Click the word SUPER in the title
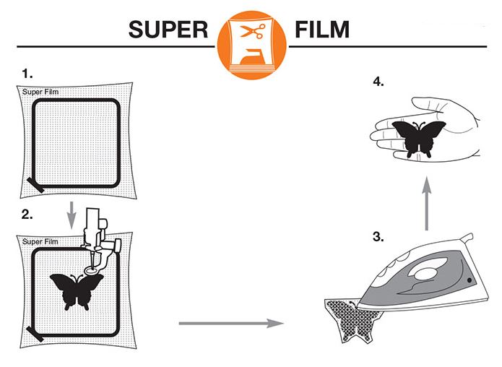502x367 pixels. pos(169,30)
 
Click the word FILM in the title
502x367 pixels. pos(322,30)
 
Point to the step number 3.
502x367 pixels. pos(378,237)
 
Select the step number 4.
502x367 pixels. pos(378,82)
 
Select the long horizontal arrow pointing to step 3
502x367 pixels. pos(230,323)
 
